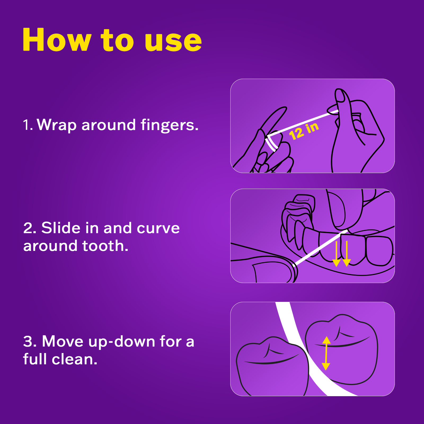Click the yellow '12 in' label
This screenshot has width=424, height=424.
pos(304,131)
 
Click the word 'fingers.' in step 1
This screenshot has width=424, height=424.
pos(170,125)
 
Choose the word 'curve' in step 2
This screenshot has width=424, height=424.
pos(158,228)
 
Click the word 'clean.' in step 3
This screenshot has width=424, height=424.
pos(74,360)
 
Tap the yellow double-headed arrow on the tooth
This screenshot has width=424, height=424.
pos(326,353)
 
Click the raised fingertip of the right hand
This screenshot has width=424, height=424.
pos(340,95)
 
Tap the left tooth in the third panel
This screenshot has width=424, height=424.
pos(272,368)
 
